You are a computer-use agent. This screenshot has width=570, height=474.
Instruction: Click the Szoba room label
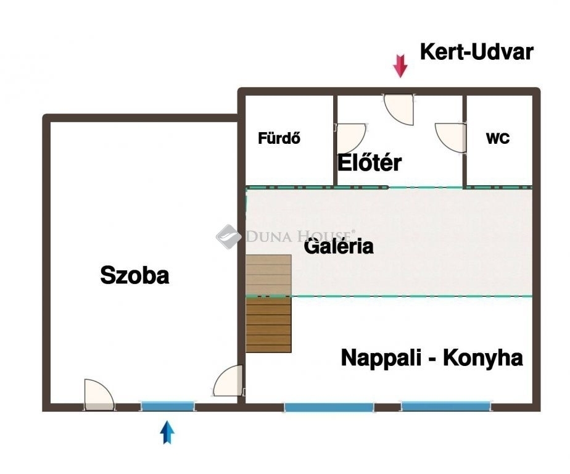pos(134,275)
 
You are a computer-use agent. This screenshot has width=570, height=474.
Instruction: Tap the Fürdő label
pos(279,138)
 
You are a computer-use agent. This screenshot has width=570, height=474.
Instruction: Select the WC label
pos(498,138)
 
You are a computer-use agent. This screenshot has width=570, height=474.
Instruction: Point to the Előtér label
pos(370,162)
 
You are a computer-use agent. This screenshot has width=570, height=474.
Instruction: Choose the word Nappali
pos(381,359)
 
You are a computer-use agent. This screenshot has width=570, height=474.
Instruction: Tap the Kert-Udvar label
pos(477,52)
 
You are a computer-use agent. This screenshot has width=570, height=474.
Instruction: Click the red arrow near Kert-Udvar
pos(400,66)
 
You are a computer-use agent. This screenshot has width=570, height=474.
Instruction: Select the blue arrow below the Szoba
pos(167,433)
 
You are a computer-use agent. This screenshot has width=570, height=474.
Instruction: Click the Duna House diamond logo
pos(229,236)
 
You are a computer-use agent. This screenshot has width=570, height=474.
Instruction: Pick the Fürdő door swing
pos(350,139)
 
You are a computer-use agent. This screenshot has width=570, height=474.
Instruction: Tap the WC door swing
pos(451,138)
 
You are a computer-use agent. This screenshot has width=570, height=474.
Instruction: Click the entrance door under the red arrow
pos(399,109)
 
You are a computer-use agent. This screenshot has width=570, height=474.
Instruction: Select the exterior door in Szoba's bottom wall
pos(99,395)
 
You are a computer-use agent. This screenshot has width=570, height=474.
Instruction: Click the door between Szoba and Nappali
pos(228,381)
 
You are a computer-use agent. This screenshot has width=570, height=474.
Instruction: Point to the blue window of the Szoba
pos(168,406)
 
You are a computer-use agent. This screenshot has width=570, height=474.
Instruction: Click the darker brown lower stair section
pos(268,325)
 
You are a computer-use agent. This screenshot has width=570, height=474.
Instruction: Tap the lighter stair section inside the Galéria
pos(268,275)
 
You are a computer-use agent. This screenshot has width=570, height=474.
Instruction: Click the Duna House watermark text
pos(300,236)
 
